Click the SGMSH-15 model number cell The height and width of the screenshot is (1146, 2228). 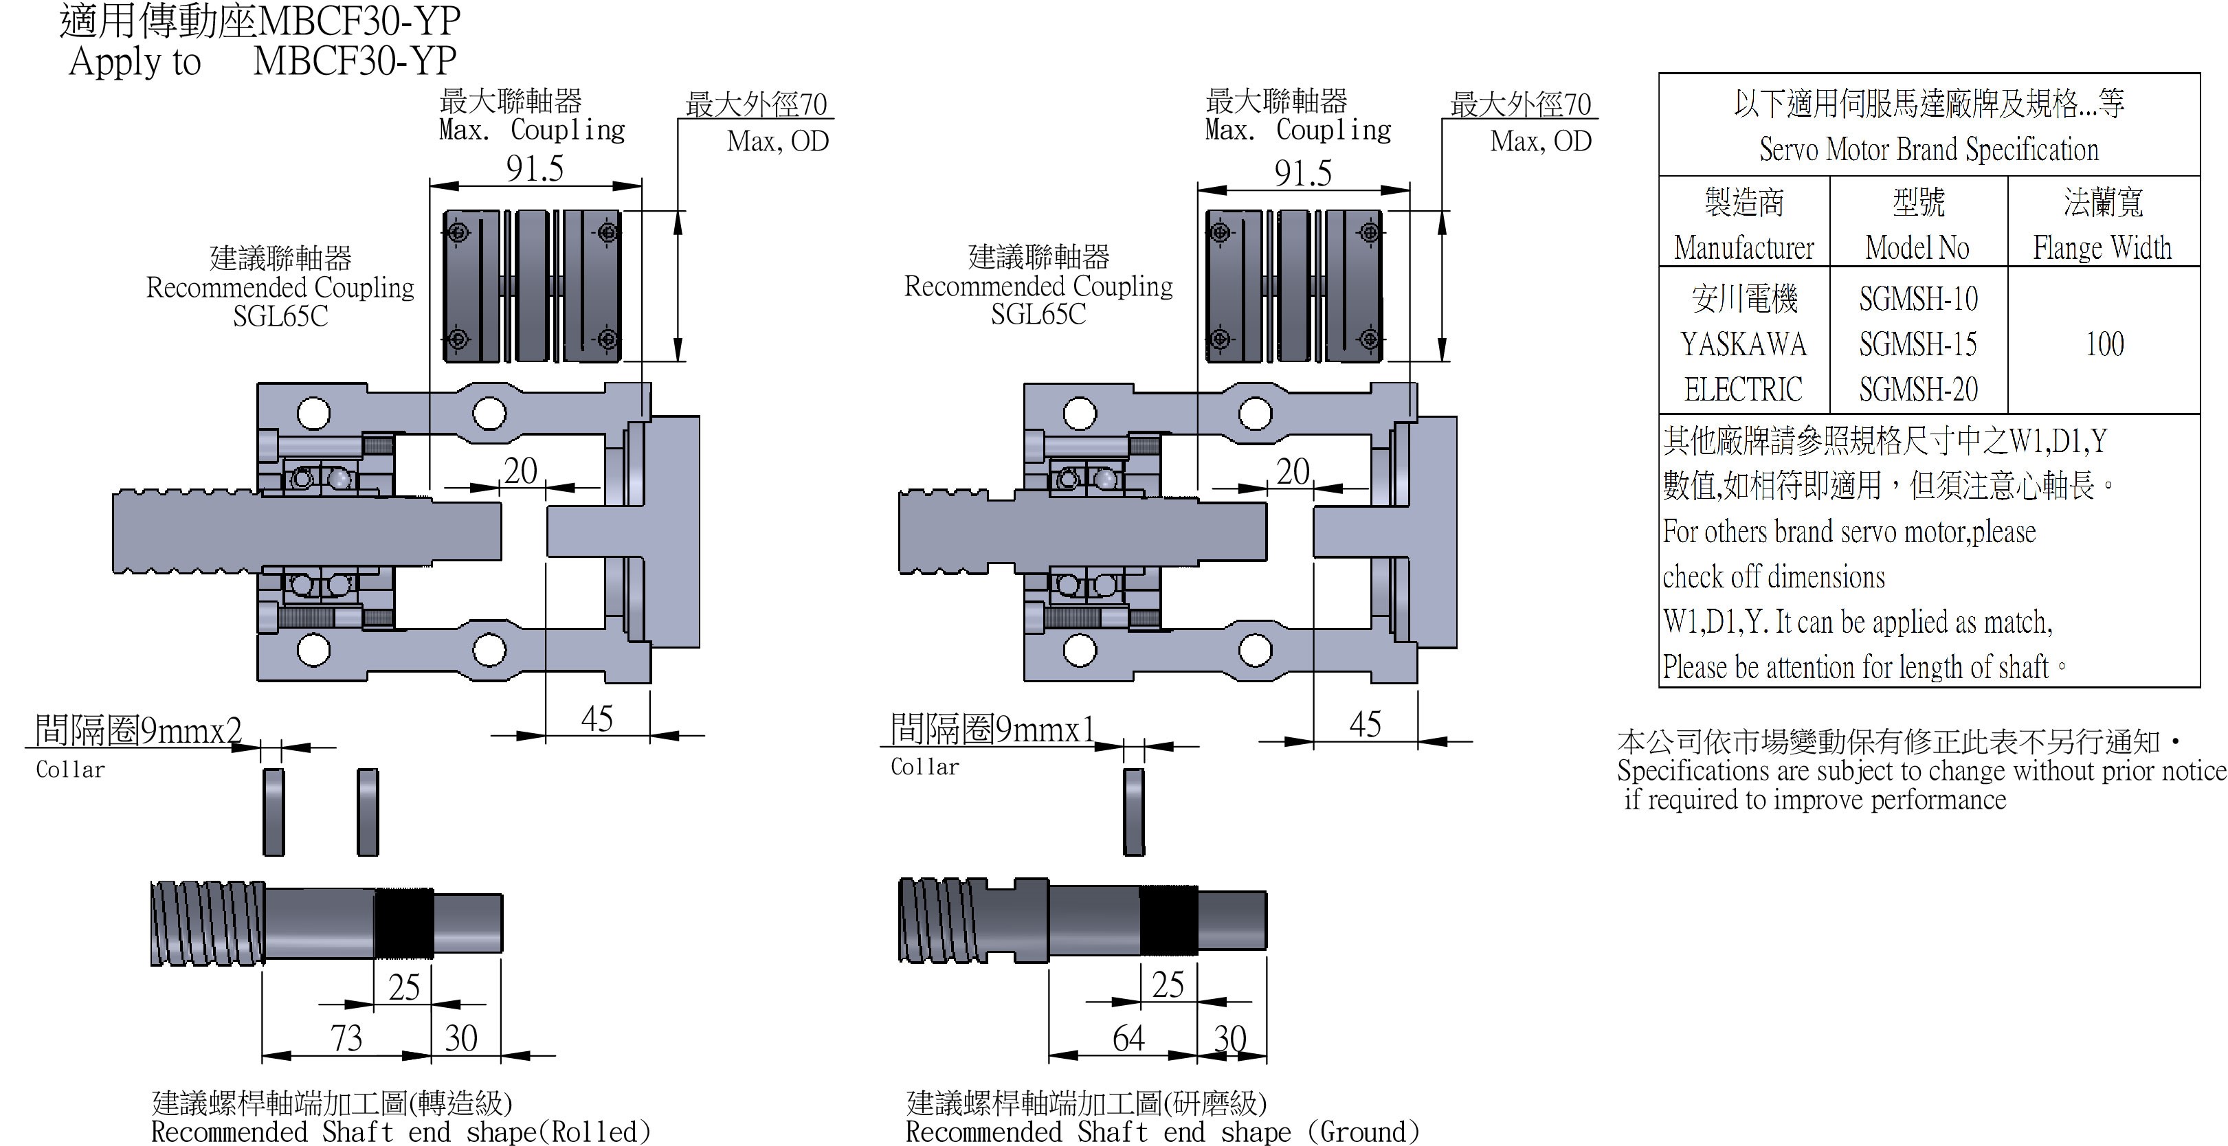(1917, 344)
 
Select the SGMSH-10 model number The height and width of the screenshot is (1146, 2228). (1917, 300)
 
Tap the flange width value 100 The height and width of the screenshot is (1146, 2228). (2104, 344)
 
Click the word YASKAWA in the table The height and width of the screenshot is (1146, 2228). (1743, 344)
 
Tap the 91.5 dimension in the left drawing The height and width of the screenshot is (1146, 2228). (535, 168)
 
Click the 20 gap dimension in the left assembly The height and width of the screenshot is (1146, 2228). (521, 471)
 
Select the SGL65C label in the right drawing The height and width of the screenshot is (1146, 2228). (1038, 315)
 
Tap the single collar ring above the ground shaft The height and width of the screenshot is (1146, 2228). (1133, 812)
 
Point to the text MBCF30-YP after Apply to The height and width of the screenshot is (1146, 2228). (355, 61)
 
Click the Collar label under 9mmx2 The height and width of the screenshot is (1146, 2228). (70, 769)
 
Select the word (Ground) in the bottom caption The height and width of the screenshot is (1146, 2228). (1364, 1132)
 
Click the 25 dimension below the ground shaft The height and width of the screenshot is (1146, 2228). (1168, 985)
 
